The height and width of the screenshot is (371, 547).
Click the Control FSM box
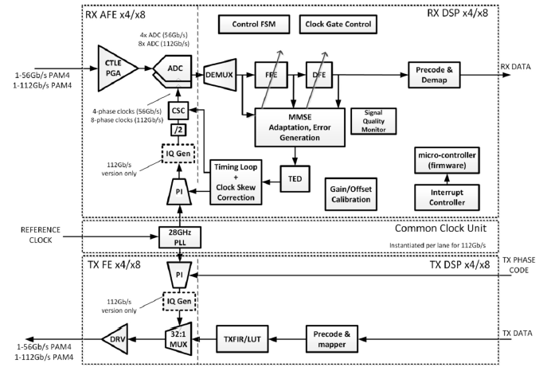point(248,25)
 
